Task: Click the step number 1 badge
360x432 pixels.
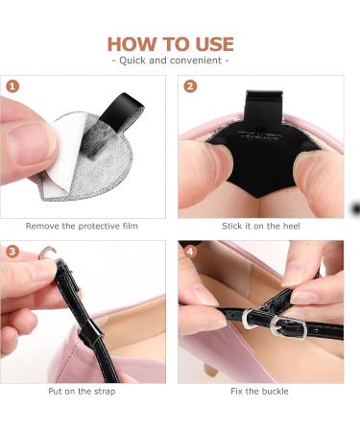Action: point(12,86)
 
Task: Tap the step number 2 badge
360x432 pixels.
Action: point(190,86)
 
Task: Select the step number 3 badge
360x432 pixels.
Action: point(12,252)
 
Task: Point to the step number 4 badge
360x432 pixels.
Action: point(190,252)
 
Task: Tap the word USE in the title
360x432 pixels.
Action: point(215,44)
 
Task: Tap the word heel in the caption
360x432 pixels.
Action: point(291,227)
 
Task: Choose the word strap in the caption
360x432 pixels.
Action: point(105,392)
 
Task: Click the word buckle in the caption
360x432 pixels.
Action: point(276,392)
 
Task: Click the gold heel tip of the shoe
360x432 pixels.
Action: point(211,372)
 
